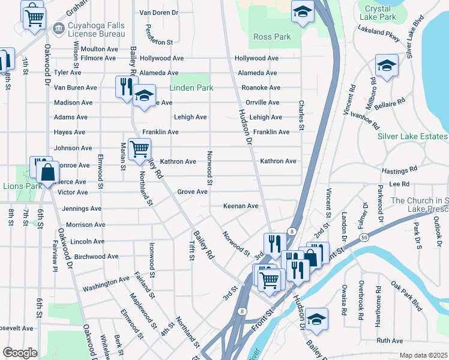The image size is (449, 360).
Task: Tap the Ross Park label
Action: click(x=272, y=37)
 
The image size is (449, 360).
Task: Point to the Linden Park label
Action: click(x=191, y=88)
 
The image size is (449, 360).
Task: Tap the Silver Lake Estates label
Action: click(x=412, y=136)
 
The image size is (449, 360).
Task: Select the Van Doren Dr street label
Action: click(x=159, y=12)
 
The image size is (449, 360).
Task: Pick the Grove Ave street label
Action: click(x=192, y=192)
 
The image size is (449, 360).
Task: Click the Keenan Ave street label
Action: click(x=241, y=206)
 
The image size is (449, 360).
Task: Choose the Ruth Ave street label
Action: click(x=390, y=340)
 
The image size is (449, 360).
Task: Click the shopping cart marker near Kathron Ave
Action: click(x=139, y=148)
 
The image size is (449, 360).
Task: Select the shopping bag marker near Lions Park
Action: click(x=47, y=172)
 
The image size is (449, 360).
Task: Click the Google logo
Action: click(x=20, y=353)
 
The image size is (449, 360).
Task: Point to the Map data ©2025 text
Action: click(x=423, y=355)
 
